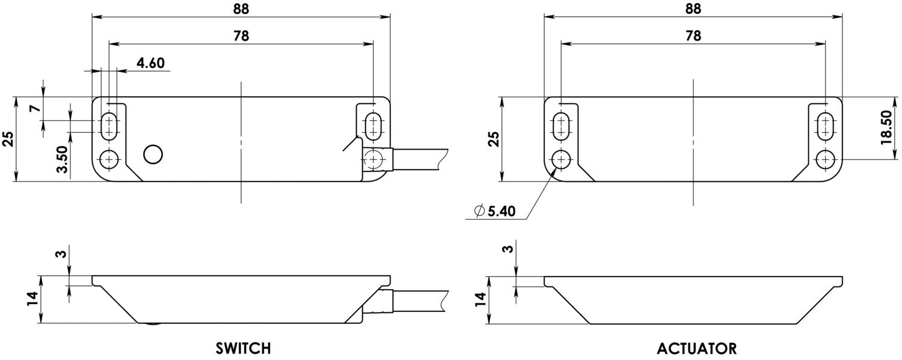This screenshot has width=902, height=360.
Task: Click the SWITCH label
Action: tap(243, 349)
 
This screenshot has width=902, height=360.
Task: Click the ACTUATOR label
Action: tap(696, 349)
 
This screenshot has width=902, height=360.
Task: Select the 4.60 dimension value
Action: tap(150, 63)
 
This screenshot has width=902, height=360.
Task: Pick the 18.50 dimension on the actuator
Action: tap(886, 127)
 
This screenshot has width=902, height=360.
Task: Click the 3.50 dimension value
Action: tap(62, 159)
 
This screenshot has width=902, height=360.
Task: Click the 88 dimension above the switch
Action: tap(241, 8)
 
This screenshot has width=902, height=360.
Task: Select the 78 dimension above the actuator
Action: tap(693, 35)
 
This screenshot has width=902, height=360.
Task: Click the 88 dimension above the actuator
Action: tap(693, 8)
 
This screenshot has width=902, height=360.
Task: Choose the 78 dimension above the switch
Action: tap(241, 35)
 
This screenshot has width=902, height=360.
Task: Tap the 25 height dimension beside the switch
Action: tap(8, 139)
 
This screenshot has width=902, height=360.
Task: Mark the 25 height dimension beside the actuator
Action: tap(492, 139)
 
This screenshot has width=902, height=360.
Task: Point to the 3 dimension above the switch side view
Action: tap(60, 254)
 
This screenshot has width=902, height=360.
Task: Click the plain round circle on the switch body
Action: tap(153, 154)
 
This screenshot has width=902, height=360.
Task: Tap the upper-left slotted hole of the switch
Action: tap(109, 126)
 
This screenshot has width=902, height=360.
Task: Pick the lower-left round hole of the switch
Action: tap(109, 159)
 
